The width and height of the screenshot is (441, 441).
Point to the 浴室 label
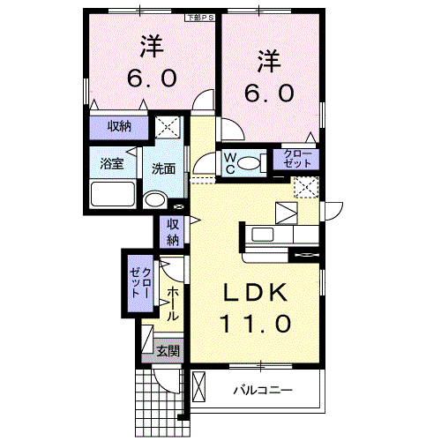(110, 164)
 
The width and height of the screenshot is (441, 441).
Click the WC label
(228, 163)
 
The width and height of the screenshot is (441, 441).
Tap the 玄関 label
(167, 351)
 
